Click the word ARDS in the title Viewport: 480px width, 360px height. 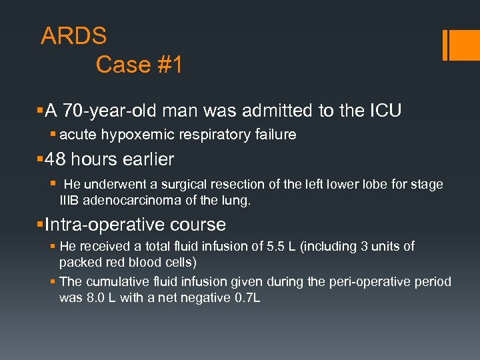pyautogui.click(x=73, y=35)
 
